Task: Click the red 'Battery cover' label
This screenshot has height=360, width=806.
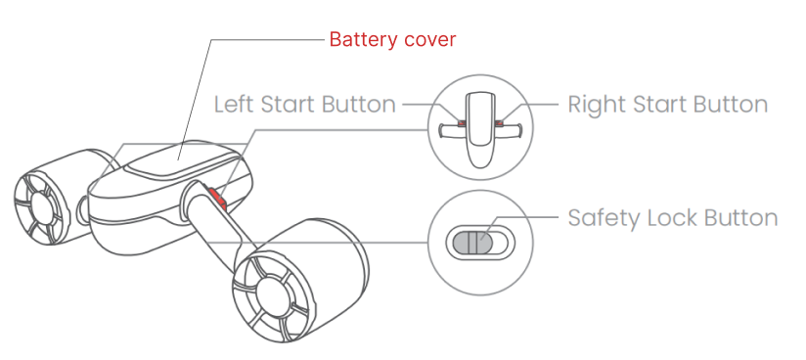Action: (392, 39)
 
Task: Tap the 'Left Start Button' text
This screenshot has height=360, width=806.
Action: (305, 105)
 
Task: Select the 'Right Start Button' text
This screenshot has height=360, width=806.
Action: (668, 105)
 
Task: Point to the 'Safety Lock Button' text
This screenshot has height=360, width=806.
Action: (673, 218)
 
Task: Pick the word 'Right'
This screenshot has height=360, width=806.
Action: (597, 105)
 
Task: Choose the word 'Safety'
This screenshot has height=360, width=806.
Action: (602, 218)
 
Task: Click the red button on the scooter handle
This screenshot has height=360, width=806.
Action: (217, 197)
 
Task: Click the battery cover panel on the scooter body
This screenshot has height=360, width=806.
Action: (178, 158)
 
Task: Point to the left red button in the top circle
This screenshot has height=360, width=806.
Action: (461, 123)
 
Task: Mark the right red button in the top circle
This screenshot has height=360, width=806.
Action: (500, 123)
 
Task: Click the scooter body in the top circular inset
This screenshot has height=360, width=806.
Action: (480, 129)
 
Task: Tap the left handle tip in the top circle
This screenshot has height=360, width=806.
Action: (441, 131)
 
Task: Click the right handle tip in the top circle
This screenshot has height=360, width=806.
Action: (519, 131)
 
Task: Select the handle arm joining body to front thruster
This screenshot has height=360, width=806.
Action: (216, 225)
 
